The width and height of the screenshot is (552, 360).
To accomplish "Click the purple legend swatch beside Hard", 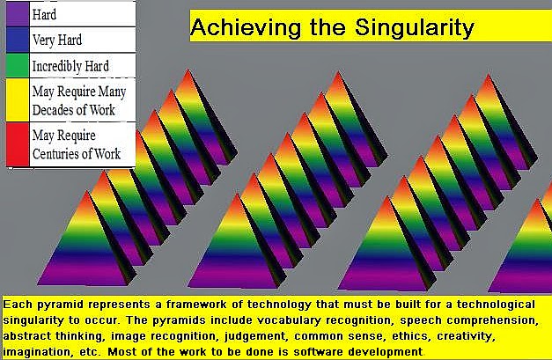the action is (x=18, y=14).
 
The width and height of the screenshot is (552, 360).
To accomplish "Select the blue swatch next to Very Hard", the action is (x=18, y=40).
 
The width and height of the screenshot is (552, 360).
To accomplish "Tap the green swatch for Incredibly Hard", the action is (x=18, y=65).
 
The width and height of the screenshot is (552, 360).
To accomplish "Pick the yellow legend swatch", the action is (x=18, y=100).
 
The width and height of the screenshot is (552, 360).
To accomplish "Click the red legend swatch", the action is (x=18, y=144).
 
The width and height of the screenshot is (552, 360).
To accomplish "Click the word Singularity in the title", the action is (x=415, y=27).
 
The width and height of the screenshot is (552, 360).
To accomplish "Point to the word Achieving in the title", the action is (x=246, y=27).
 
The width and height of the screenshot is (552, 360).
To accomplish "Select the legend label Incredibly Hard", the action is (x=70, y=66).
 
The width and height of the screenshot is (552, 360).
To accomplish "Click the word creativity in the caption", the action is (x=466, y=337).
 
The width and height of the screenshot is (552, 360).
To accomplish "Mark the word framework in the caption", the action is (x=196, y=305).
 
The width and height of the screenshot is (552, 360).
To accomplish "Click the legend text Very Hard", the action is (x=57, y=40).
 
